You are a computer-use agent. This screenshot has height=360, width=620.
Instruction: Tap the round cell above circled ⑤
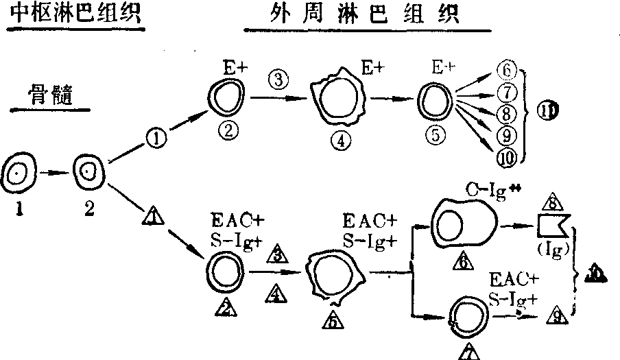pyautogui.click(x=436, y=100)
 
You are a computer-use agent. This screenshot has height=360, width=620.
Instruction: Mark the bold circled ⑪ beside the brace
pyautogui.click(x=549, y=110)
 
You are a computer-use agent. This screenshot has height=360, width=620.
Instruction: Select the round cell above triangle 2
pyautogui.click(x=224, y=272)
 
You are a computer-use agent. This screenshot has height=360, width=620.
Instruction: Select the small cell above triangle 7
pyautogui.click(x=468, y=315)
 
